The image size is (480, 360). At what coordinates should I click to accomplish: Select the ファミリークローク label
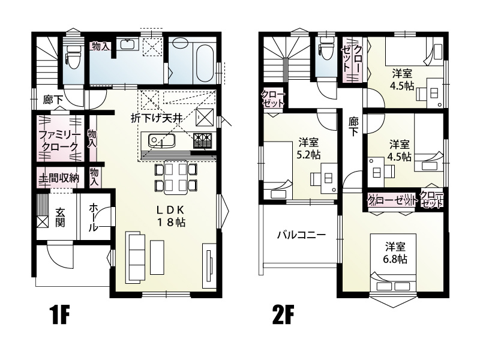pyautogui.click(x=58, y=140)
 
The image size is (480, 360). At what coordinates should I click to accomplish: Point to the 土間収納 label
pyautogui.click(x=59, y=178)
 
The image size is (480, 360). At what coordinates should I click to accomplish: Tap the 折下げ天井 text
pyautogui.click(x=157, y=118)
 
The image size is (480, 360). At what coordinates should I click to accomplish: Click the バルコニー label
pyautogui.click(x=301, y=235)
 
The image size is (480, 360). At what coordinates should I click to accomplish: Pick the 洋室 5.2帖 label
pyautogui.click(x=309, y=149)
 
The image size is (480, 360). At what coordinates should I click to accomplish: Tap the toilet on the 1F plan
pyautogui.click(x=71, y=57)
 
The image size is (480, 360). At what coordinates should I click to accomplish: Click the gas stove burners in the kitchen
pyautogui.click(x=203, y=140)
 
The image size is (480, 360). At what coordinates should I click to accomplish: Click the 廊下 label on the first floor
pyautogui.click(x=53, y=100)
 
